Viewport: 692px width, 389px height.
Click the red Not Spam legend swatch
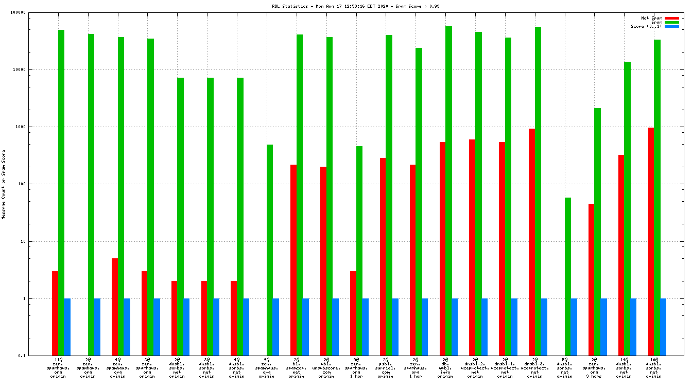pos(672,18)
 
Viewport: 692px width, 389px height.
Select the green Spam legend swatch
pos(672,22)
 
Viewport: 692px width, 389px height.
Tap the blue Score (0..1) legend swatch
pos(672,26)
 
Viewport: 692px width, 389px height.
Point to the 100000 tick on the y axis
pos(31,12)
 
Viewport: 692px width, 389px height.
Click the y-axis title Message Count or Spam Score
pos(4,184)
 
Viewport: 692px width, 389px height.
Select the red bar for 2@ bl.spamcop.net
pos(293,260)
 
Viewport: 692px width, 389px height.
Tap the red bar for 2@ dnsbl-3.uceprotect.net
pos(532,242)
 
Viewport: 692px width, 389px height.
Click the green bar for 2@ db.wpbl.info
pos(449,191)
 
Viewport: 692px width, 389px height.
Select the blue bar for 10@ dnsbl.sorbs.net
pos(663,327)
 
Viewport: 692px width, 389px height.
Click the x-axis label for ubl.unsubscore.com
pos(326,368)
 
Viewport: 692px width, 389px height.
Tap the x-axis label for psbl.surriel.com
pos(386,368)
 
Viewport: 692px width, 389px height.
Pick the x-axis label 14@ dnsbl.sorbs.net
pos(624,368)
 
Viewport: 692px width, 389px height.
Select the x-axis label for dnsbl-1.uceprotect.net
pos(505,368)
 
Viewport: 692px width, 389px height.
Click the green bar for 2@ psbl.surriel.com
pos(389,195)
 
